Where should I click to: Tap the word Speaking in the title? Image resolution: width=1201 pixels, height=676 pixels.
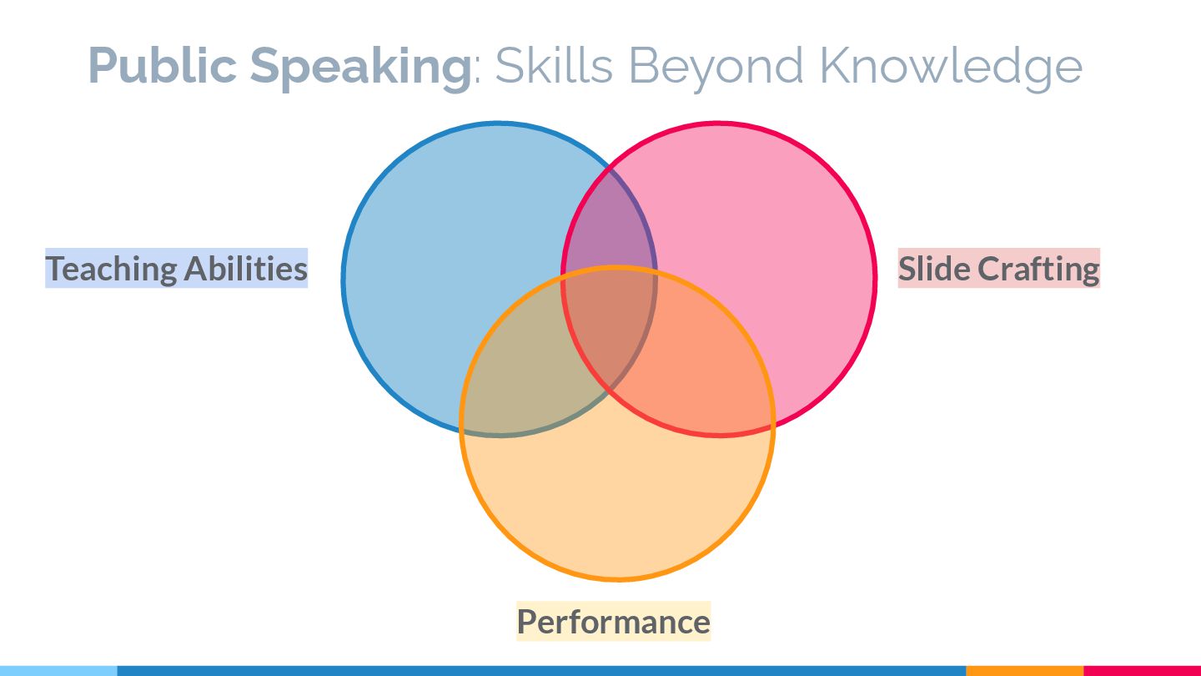pos(360,67)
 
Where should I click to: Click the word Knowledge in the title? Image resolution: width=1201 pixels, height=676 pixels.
pos(950,67)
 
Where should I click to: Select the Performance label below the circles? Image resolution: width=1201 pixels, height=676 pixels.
pos(613,622)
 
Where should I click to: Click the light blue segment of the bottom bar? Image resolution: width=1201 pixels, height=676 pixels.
pos(58,670)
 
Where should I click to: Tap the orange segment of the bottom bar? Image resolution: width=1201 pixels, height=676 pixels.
pos(1024,670)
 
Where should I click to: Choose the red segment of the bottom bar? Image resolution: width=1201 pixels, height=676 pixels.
pos(1142,670)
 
